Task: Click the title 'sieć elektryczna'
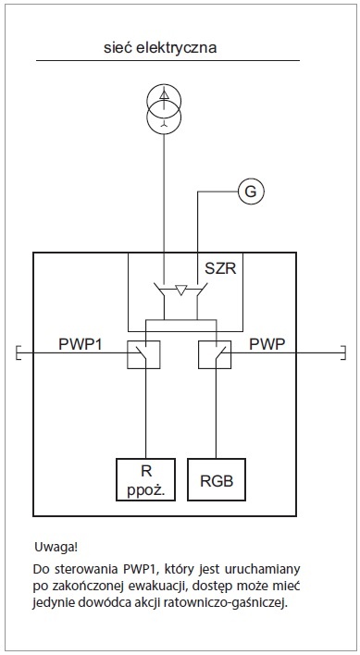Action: click(160, 47)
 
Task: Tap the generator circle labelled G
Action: click(251, 192)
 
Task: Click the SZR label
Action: click(220, 268)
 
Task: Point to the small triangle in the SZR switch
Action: click(180, 290)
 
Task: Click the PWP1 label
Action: click(81, 345)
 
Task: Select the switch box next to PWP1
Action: click(143, 354)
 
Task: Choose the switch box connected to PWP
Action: click(215, 354)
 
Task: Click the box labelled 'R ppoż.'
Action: click(145, 479)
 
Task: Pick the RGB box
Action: click(217, 479)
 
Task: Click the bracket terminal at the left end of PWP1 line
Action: click(18, 353)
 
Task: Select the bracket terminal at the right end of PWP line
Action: click(343, 353)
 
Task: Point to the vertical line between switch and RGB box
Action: click(216, 414)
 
